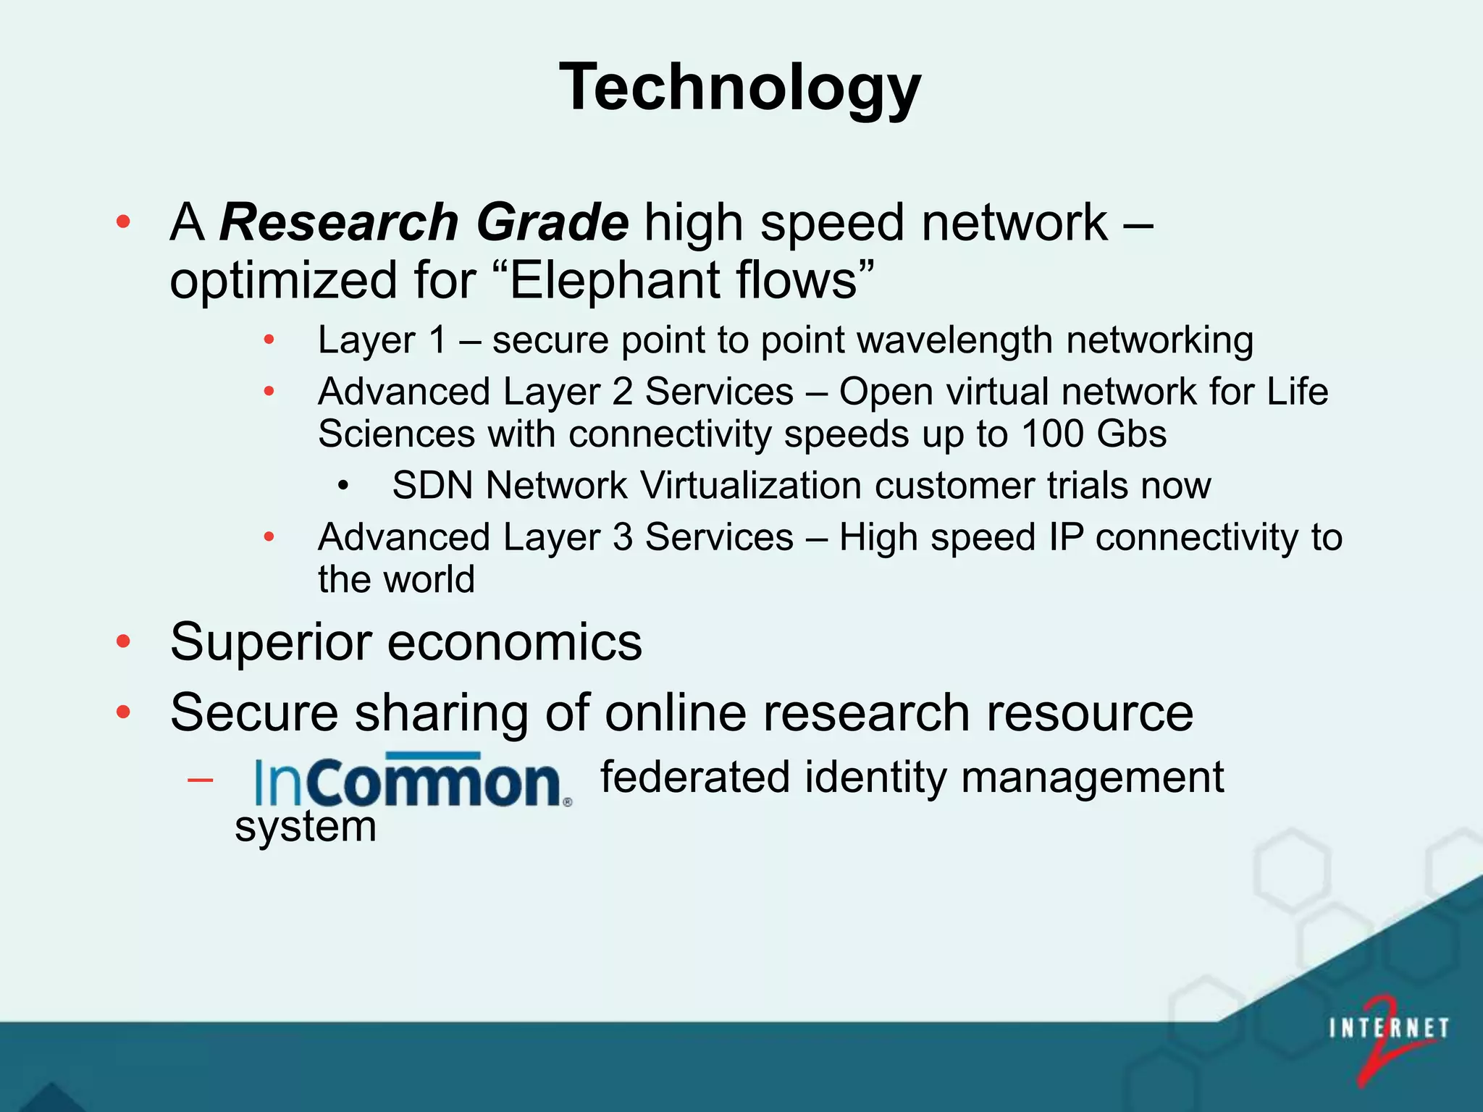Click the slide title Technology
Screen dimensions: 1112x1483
click(x=740, y=87)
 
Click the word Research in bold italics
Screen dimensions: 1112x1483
click(x=339, y=222)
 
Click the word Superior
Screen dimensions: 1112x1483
click(x=271, y=643)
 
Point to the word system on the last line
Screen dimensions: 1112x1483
click(x=306, y=827)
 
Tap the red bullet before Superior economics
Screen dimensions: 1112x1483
click(x=124, y=641)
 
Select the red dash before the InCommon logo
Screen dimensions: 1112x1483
click(x=200, y=780)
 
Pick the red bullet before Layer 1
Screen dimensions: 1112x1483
click(x=269, y=340)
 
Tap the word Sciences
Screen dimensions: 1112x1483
click(x=396, y=434)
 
